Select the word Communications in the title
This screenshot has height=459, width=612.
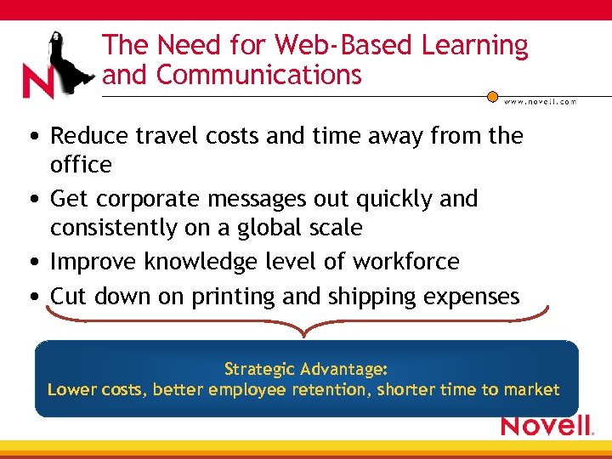pos(259,75)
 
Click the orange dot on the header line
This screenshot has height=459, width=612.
pos(492,96)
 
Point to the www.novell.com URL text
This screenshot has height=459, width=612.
pos(540,101)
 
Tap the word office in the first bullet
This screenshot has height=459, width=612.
pos(81,164)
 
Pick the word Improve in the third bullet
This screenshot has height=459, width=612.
pos(94,262)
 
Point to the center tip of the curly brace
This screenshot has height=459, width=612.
pos(306,333)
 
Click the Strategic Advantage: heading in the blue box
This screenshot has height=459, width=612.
pos(306,369)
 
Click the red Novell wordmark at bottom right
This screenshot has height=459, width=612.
pos(546,425)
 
